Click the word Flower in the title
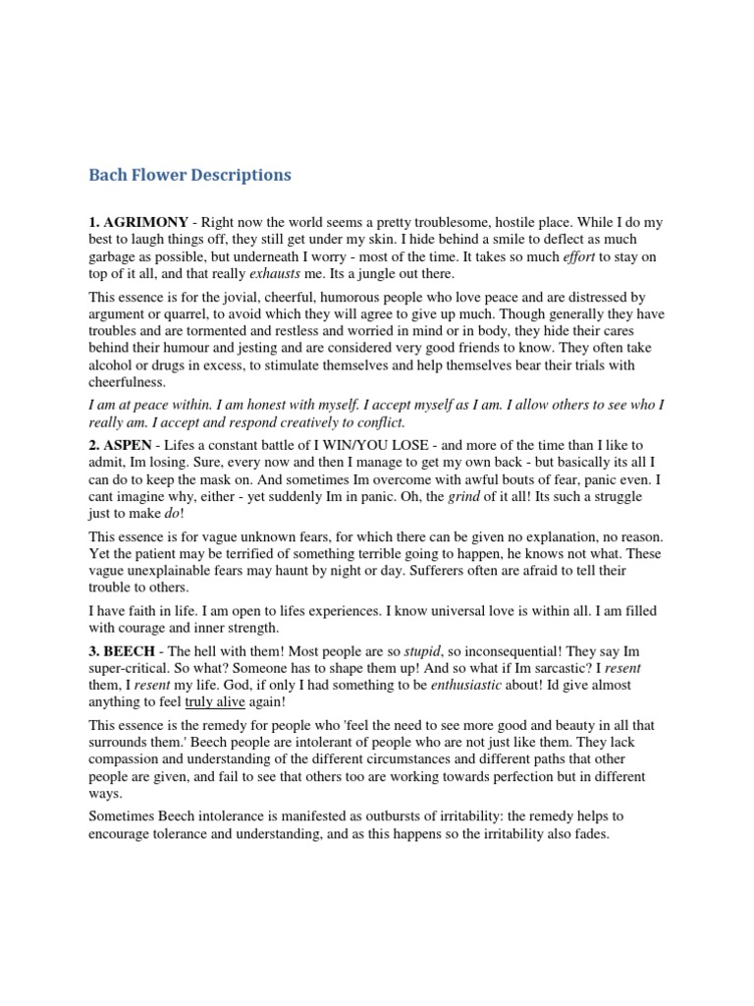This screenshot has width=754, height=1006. [x=167, y=176]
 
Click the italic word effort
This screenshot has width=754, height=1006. [x=579, y=257]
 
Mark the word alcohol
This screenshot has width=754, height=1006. [x=113, y=364]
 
